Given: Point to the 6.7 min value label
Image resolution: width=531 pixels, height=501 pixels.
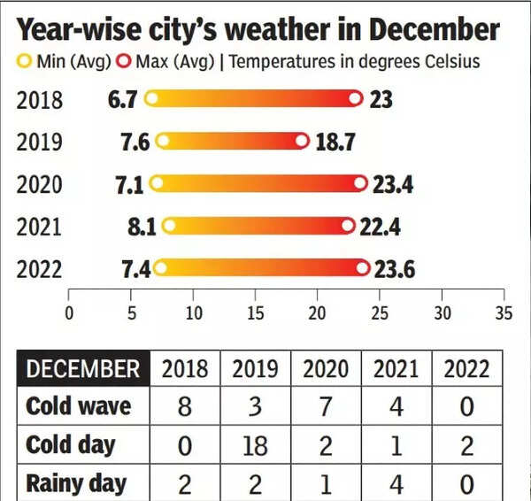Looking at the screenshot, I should (x=122, y=99).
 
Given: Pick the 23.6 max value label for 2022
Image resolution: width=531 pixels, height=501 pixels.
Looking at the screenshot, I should (x=393, y=269).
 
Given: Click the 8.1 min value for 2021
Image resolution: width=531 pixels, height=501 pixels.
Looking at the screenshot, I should (x=142, y=227).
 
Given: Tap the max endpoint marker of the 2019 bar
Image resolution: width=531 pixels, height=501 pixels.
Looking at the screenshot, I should (x=303, y=142).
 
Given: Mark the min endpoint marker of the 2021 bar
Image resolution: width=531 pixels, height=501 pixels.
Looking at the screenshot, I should (x=168, y=227).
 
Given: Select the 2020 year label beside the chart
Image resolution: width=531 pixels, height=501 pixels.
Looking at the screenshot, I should (x=39, y=184).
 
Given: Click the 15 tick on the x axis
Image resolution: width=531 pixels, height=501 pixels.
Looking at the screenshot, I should (x=255, y=312).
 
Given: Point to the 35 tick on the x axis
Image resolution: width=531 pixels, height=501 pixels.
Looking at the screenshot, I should (x=504, y=312).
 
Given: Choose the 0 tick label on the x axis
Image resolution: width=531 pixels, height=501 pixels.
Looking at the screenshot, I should (x=69, y=312).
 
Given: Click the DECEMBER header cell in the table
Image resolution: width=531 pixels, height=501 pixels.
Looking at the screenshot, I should (x=83, y=368).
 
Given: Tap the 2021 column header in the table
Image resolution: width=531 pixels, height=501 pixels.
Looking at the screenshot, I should (x=396, y=368).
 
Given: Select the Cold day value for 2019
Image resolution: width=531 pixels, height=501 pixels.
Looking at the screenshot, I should (x=255, y=445).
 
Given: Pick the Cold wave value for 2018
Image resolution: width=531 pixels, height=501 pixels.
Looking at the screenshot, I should (x=184, y=407).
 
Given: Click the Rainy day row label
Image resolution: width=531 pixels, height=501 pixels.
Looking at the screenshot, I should (x=76, y=483).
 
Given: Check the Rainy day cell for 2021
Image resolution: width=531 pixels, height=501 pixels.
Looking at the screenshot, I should (x=396, y=483).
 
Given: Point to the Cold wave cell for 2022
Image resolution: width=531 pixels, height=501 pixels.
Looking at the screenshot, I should (x=466, y=407).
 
